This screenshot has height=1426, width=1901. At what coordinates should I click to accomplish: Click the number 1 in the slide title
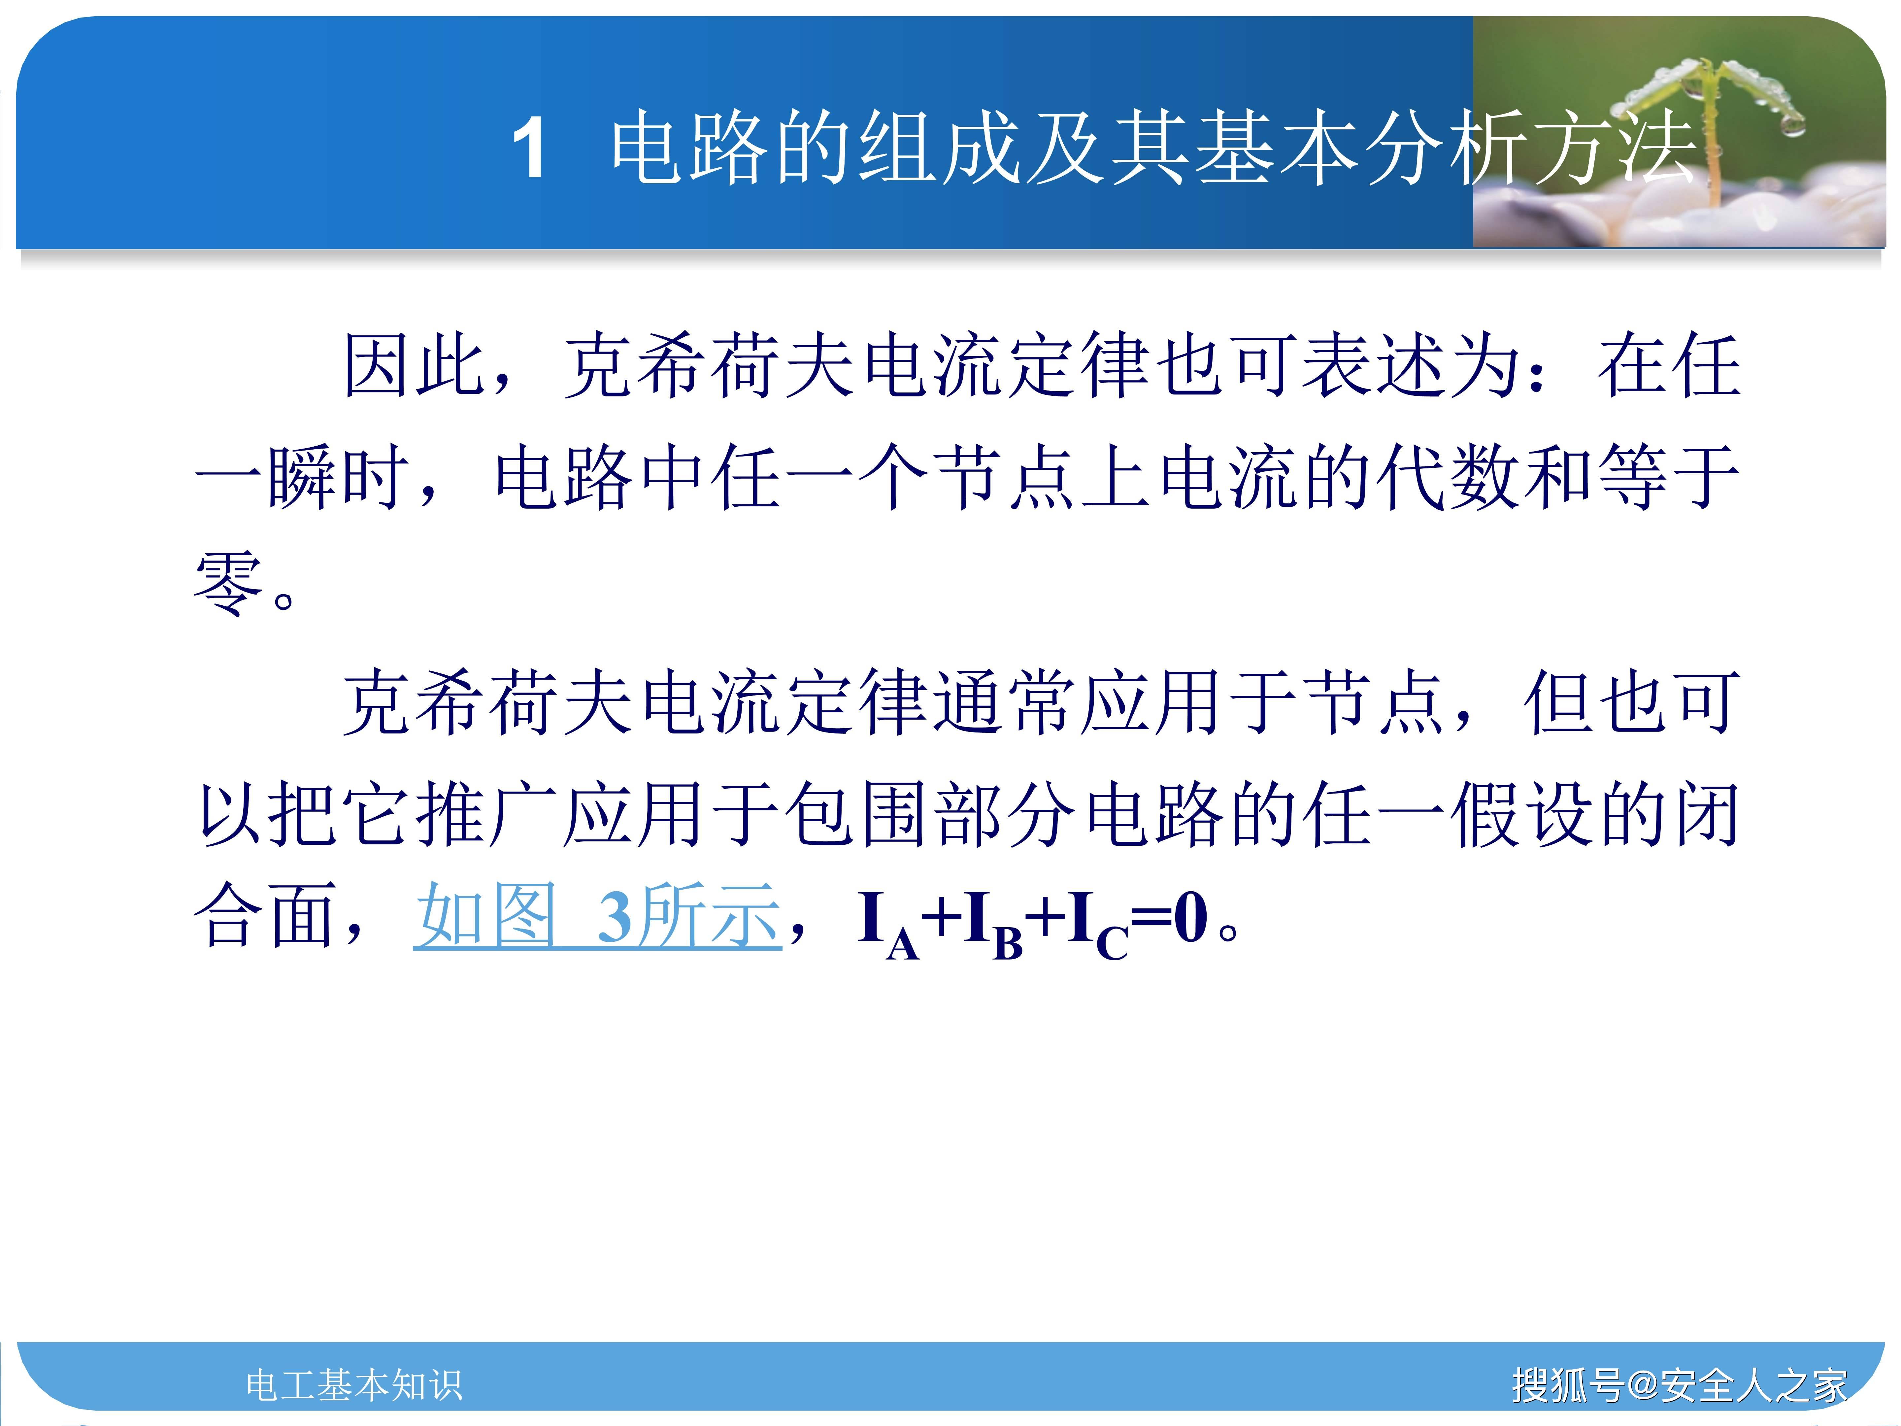[529, 149]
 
